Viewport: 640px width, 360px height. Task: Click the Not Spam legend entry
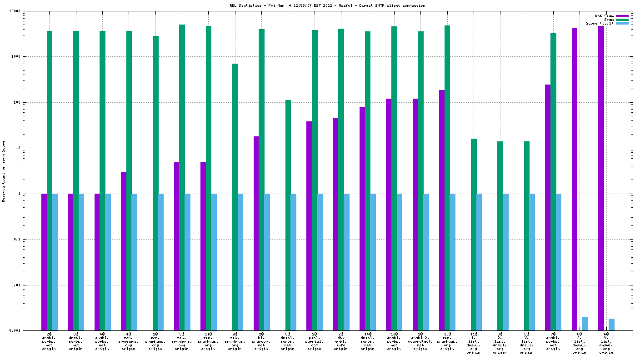[x=604, y=16]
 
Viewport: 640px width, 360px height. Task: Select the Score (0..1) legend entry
[x=600, y=23]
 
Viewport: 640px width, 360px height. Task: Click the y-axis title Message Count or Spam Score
[x=4, y=171]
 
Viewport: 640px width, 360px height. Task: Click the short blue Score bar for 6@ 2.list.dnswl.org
[x=585, y=324]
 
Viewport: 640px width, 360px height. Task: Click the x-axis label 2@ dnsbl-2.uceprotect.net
[x=420, y=342]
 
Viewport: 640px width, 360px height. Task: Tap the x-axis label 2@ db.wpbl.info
[x=341, y=342]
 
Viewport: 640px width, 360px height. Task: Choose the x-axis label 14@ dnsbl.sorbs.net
[x=367, y=342]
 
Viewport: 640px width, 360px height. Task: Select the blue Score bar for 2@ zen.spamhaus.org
[x=161, y=262]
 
